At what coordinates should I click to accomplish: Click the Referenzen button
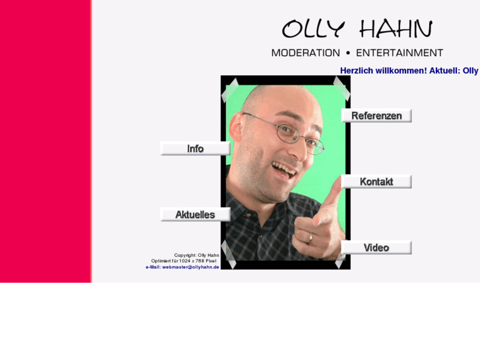click(x=376, y=116)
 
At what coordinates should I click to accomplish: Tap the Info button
click(x=195, y=149)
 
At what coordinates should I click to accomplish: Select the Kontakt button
click(x=376, y=182)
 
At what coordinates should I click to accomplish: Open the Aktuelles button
click(x=195, y=215)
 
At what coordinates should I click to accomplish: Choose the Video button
click(x=376, y=248)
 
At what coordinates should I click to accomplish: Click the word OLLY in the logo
click(x=313, y=29)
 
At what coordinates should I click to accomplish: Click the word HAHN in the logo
click(x=395, y=29)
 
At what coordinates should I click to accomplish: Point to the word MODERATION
click(x=306, y=53)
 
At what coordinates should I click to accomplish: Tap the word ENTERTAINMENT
click(x=399, y=53)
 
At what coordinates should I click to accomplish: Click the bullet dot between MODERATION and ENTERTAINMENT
click(x=348, y=53)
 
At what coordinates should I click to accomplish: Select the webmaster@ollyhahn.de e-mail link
click(x=190, y=267)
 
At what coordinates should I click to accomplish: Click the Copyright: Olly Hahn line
click(x=196, y=255)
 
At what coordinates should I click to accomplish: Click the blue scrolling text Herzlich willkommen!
click(x=383, y=71)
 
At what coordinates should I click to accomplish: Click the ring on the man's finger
click(x=310, y=237)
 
